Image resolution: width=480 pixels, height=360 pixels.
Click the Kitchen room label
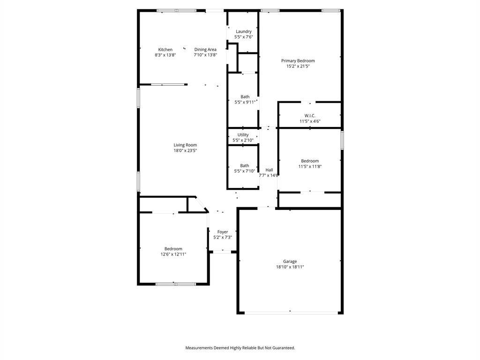click(x=165, y=50)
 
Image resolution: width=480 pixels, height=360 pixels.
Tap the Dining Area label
click(x=205, y=50)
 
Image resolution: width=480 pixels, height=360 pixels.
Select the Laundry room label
click(x=244, y=31)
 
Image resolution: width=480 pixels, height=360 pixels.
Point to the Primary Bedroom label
click(x=298, y=61)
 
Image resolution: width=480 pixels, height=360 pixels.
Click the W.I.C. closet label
click(x=310, y=116)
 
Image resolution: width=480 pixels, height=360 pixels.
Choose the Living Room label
click(x=185, y=145)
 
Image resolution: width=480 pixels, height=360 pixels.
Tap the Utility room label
click(x=243, y=135)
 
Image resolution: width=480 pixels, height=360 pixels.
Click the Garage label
click(x=290, y=262)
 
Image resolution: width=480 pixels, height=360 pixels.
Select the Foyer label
click(x=223, y=232)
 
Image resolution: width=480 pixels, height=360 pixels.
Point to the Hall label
click(x=269, y=170)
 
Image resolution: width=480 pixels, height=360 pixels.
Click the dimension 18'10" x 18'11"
click(x=290, y=267)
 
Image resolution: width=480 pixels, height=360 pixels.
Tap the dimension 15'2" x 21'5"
click(x=298, y=67)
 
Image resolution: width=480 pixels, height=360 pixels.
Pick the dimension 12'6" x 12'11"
click(x=173, y=255)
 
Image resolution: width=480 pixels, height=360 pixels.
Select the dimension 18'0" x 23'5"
click(x=185, y=151)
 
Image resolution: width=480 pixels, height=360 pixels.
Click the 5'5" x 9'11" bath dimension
click(x=245, y=102)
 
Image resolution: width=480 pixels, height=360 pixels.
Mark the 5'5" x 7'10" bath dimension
click(x=245, y=171)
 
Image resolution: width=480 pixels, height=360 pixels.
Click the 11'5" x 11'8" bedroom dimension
click(x=310, y=166)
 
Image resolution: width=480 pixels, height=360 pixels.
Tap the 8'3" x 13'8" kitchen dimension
click(x=165, y=55)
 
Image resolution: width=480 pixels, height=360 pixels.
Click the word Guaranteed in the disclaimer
click(x=283, y=348)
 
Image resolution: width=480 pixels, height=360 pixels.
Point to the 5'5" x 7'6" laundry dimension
click(x=244, y=37)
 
